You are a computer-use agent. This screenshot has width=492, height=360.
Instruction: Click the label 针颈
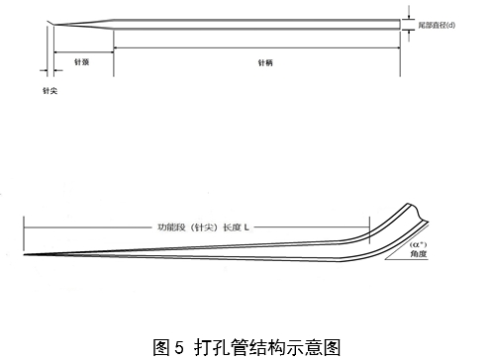(x=83, y=60)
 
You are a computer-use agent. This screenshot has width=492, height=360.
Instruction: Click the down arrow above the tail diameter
(x=406, y=14)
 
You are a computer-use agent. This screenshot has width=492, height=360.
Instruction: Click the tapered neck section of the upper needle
(x=84, y=25)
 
